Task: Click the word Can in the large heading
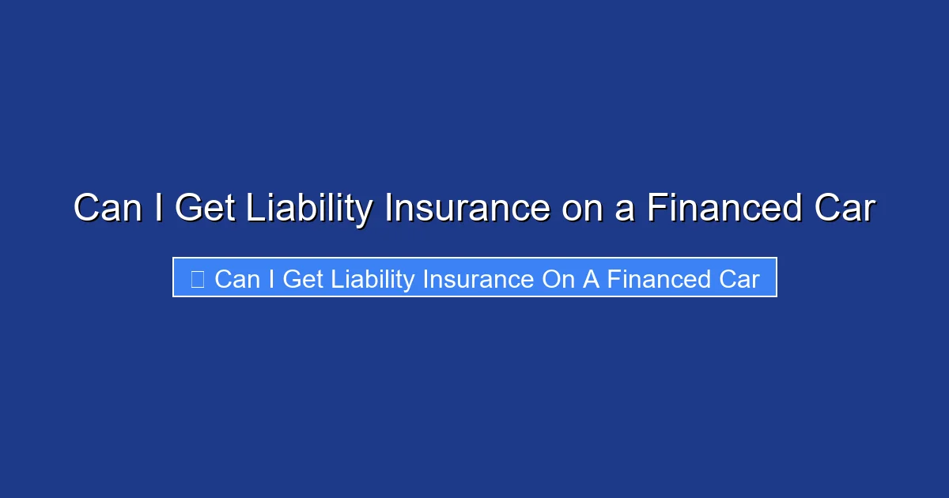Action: pos(108,207)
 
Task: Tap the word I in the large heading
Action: pos(159,207)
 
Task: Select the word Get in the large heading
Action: pos(205,207)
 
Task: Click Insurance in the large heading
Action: pos(467,207)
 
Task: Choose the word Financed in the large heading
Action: pos(724,207)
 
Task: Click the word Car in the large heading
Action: pos(845,207)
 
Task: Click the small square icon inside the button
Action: pos(198,279)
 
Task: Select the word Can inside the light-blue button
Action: pos(237,279)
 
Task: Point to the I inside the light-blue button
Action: pos(271,279)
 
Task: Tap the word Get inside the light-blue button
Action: pos(303,279)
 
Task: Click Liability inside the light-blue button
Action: pos(372,281)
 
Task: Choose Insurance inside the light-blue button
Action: pos(478,279)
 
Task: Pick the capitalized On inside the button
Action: pos(558,279)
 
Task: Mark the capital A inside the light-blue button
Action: pos(591,279)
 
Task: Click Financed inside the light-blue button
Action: pos(659,279)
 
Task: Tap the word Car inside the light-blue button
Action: pos(739,279)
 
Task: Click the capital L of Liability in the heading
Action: pos(255,207)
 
